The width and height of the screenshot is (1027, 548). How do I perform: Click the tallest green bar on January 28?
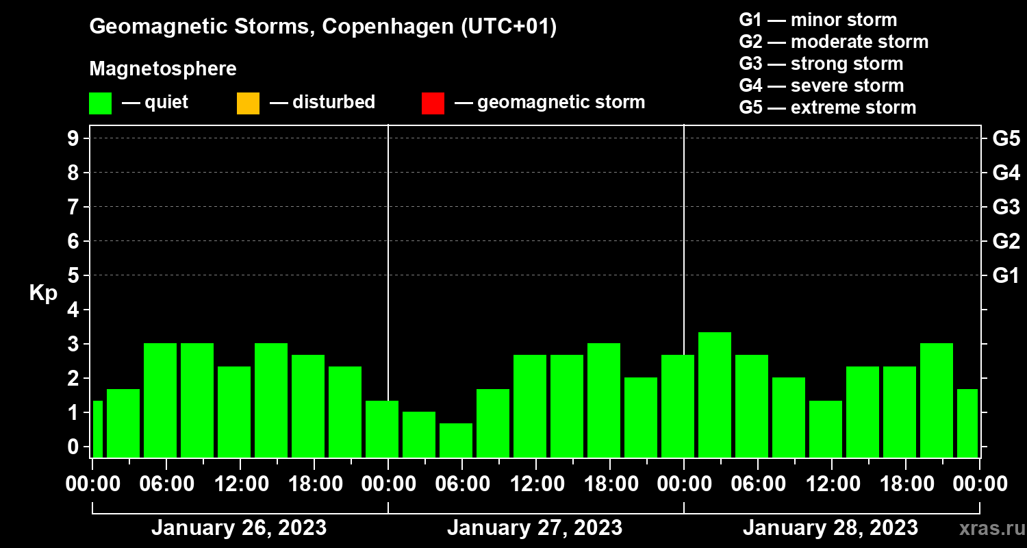click(715, 395)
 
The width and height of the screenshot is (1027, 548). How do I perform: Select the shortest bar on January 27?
click(456, 440)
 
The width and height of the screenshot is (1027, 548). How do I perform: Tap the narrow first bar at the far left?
click(97, 429)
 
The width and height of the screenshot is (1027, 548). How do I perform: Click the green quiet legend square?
click(100, 103)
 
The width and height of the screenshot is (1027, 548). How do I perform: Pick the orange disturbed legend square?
click(248, 103)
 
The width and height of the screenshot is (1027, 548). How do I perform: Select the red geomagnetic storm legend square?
click(433, 103)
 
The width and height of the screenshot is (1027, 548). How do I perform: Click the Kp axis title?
click(43, 293)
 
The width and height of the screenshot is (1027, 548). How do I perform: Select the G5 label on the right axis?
click(1006, 138)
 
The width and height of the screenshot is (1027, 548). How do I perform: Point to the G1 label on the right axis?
click(1006, 275)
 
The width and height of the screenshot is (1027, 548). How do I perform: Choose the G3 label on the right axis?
click(1006, 207)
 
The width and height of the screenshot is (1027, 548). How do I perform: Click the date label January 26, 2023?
click(239, 528)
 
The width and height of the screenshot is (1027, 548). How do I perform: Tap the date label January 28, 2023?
click(830, 528)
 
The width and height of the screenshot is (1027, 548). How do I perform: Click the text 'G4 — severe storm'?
click(822, 86)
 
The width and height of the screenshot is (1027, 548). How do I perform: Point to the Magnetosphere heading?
click(163, 69)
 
